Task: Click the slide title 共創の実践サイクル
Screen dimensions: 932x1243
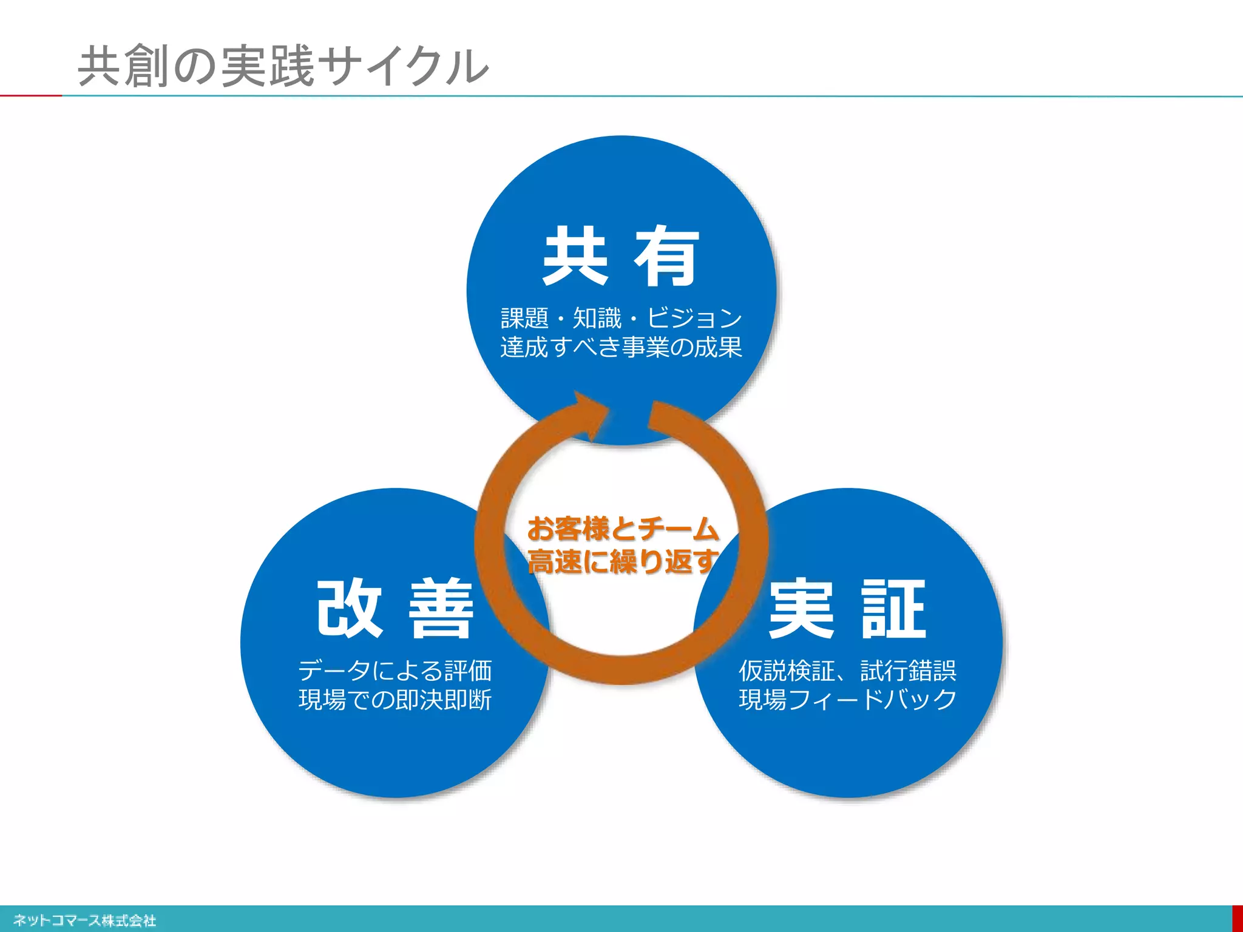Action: click(x=283, y=66)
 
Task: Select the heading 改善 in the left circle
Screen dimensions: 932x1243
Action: click(x=395, y=608)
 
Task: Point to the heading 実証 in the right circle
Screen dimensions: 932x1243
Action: click(x=847, y=609)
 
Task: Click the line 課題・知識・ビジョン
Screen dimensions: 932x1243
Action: click(x=621, y=318)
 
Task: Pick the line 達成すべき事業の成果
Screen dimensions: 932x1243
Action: click(x=621, y=347)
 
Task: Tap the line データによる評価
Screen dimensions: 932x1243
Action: click(x=395, y=670)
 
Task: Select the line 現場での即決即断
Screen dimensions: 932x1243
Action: click(x=395, y=700)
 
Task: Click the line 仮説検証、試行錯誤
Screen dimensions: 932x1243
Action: click(x=847, y=670)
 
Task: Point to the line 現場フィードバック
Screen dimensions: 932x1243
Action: click(x=847, y=700)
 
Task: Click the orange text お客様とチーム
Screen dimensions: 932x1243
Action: click(x=623, y=528)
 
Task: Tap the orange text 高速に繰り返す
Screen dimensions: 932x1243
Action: click(x=623, y=561)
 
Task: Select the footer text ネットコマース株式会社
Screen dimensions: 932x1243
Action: click(x=84, y=920)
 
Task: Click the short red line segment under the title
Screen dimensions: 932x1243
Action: click(x=30, y=95)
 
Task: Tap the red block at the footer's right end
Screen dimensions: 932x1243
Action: click(x=1238, y=919)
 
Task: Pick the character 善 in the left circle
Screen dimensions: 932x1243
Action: click(x=441, y=608)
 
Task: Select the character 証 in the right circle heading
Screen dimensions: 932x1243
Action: click(x=893, y=609)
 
